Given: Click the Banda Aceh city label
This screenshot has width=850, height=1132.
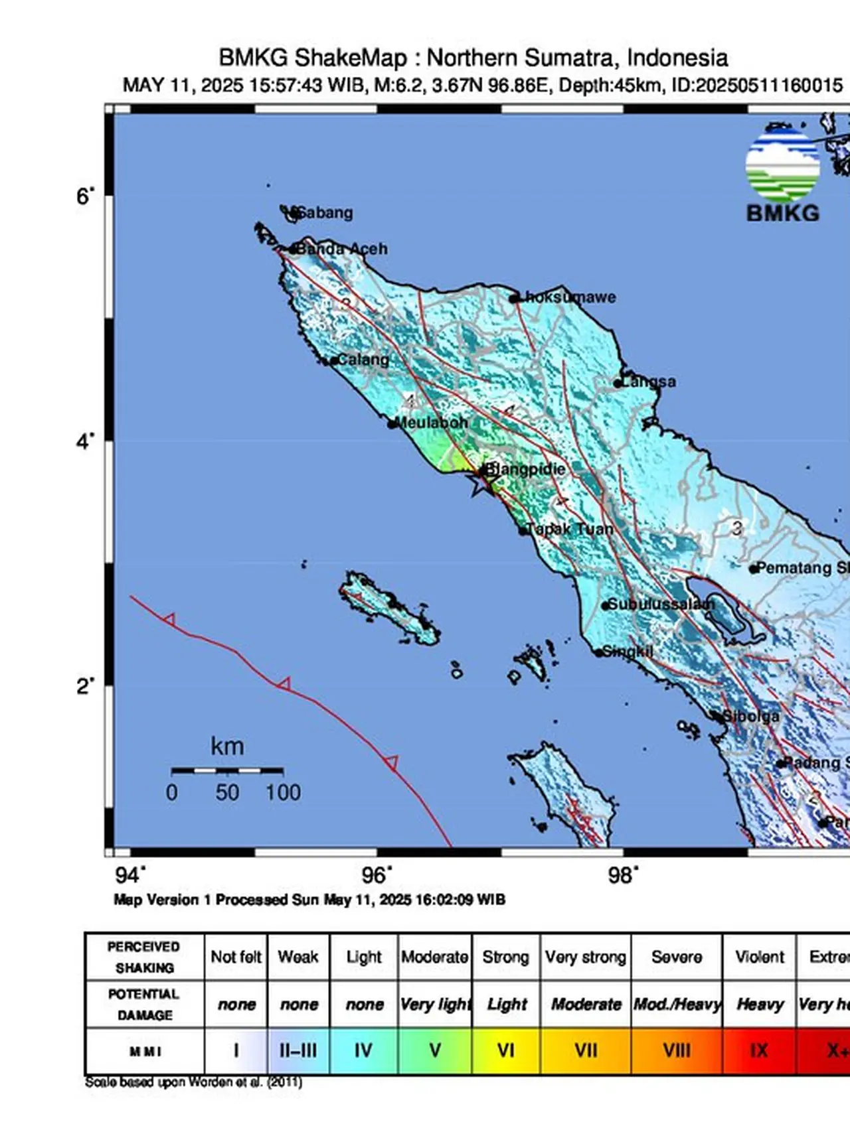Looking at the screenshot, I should [341, 249].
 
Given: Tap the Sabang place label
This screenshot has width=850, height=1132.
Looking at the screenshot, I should [325, 213].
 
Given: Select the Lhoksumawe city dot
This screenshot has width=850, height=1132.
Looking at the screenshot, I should [513, 299].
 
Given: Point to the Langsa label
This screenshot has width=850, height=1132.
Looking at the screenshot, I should [649, 382].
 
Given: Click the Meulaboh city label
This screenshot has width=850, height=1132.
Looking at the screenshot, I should [432, 423].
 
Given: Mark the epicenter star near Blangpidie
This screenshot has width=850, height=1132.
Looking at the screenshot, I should [479, 484].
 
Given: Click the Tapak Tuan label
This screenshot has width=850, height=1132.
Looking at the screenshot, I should [570, 530].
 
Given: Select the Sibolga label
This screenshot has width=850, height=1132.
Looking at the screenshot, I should [750, 717].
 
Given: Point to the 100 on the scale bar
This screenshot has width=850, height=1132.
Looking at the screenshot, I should [283, 792].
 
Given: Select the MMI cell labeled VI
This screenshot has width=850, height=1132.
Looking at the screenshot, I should [506, 1051].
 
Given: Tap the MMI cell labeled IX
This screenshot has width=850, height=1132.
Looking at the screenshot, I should [759, 1051].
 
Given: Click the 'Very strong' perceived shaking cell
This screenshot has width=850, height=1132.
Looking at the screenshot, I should [585, 957].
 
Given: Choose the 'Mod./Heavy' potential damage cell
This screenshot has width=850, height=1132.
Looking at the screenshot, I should [677, 1005].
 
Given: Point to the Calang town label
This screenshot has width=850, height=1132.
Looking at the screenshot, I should [363, 360].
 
